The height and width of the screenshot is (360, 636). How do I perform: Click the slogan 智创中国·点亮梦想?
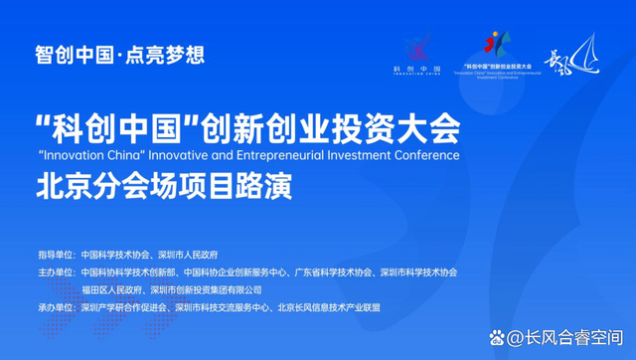click(x=119, y=55)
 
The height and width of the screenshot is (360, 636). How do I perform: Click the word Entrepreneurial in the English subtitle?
click(x=298, y=156)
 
